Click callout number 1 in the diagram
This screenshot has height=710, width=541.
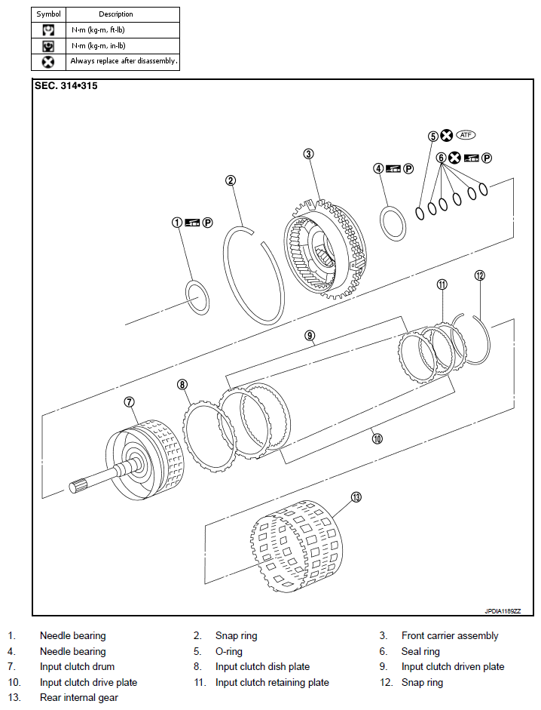pyautogui.click(x=176, y=223)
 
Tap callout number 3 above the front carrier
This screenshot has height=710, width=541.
pyautogui.click(x=308, y=154)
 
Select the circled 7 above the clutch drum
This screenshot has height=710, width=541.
pyautogui.click(x=129, y=401)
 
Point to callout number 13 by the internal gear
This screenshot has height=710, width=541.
pyautogui.click(x=356, y=497)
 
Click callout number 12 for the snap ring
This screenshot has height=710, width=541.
pyautogui.click(x=479, y=275)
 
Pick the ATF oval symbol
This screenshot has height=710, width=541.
pyautogui.click(x=466, y=135)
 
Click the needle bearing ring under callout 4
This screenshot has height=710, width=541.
pyautogui.click(x=391, y=224)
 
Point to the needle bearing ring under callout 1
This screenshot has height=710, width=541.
pyautogui.click(x=197, y=297)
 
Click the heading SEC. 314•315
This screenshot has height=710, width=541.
pyautogui.click(x=66, y=86)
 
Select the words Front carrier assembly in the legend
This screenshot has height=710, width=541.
pyautogui.click(x=450, y=636)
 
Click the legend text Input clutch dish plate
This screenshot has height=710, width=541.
pyautogui.click(x=262, y=667)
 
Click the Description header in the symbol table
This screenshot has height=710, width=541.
pyautogui.click(x=116, y=14)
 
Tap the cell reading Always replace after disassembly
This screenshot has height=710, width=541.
pyautogui.click(x=124, y=61)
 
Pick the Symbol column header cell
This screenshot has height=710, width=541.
pyautogui.click(x=48, y=14)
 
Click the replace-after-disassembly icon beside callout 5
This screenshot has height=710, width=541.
pyautogui.click(x=447, y=137)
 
